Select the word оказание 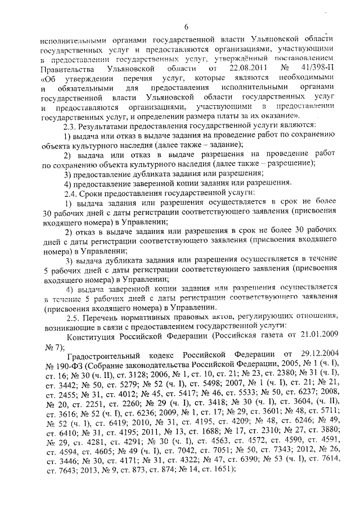(280, 115)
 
